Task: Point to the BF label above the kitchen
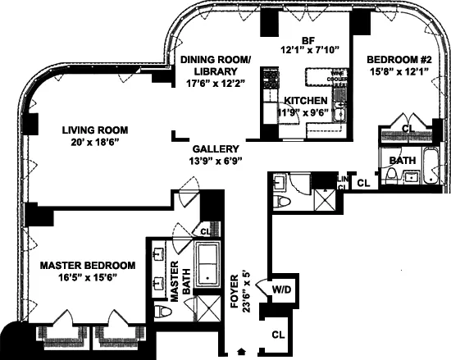click(308, 40)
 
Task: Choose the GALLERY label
click(216, 149)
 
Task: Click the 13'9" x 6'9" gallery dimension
click(216, 162)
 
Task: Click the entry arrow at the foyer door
click(239, 352)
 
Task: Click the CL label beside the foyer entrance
click(278, 334)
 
